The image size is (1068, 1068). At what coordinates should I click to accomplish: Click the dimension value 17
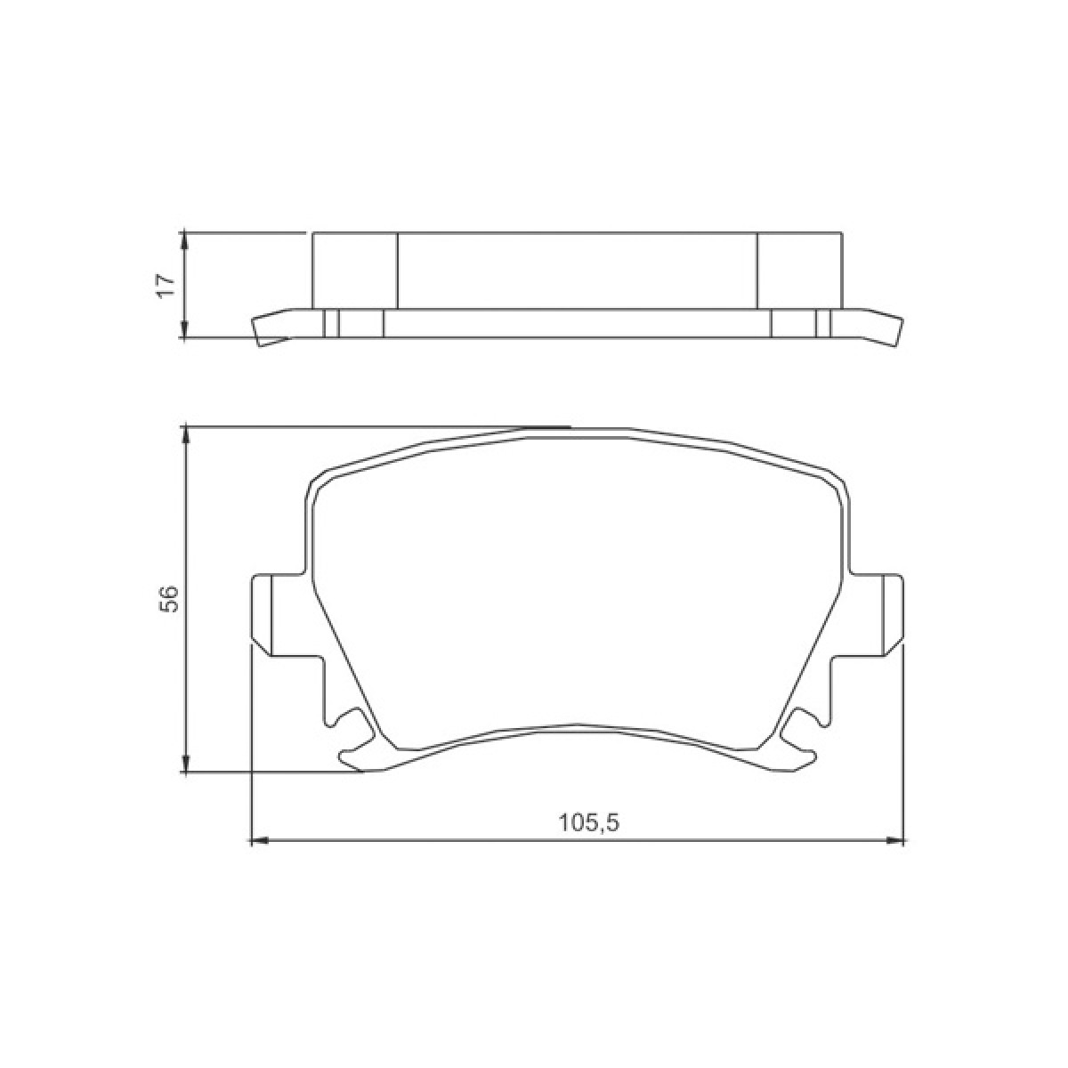[x=165, y=285]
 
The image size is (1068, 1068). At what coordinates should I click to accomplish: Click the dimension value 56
[x=168, y=599]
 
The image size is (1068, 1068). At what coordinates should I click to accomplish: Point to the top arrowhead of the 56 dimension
[x=185, y=435]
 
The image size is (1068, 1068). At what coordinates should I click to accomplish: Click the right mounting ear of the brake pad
[x=892, y=615]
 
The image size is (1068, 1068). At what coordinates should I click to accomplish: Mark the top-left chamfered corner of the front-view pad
[x=318, y=481]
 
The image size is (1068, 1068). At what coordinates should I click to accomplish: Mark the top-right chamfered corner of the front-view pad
[x=837, y=481]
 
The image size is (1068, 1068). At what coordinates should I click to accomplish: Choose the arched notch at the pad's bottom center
[x=578, y=727]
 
